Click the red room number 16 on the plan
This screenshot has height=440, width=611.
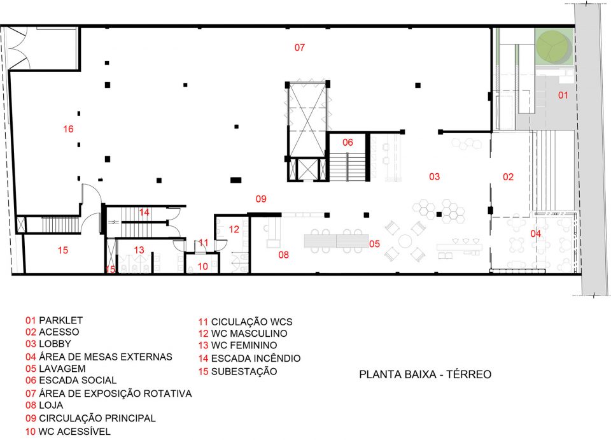68,129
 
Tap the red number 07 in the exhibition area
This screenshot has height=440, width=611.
299,48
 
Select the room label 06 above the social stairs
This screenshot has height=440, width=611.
348,143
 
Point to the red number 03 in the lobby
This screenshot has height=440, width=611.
434,177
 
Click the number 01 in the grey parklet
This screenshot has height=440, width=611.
563,95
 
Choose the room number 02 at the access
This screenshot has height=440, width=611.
508,177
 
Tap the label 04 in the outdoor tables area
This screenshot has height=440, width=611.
535,234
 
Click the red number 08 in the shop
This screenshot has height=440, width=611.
283,255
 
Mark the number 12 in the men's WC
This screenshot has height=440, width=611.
234,229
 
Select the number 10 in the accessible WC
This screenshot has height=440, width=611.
202,267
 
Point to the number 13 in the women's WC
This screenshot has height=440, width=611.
139,250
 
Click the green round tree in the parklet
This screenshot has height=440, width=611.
553,46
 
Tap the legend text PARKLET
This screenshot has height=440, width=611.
61,320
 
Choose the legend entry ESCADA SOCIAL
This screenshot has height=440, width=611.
78,380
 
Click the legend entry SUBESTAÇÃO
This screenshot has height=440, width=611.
244,371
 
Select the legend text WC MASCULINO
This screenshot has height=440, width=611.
249,334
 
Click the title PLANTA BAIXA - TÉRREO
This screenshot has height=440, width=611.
425,374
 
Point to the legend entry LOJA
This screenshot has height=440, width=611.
51,406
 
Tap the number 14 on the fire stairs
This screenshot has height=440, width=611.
144,213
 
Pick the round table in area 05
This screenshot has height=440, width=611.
405,241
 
